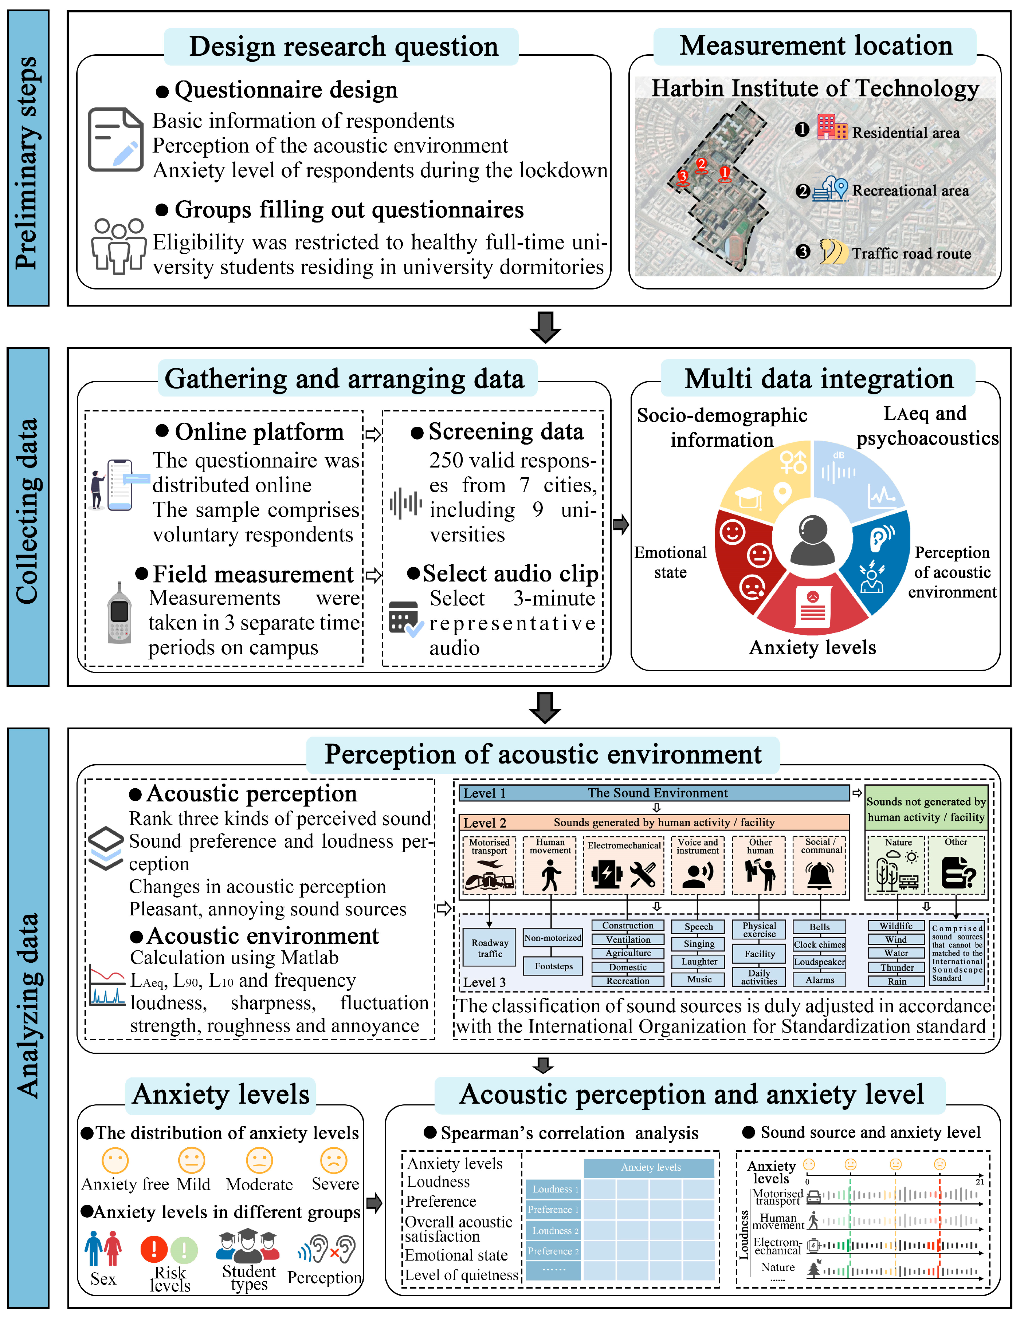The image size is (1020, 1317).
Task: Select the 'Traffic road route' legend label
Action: [x=911, y=253]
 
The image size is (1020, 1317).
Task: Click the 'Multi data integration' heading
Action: [x=819, y=379]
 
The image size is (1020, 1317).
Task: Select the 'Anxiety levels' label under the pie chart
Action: [x=812, y=647]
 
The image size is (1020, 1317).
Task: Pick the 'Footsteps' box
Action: [x=553, y=966]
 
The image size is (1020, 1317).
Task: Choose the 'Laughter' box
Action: [x=699, y=961]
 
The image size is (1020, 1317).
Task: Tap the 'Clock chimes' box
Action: [x=819, y=945]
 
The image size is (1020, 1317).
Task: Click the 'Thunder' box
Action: [x=897, y=967]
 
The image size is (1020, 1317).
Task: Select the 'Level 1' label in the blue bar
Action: [x=484, y=793]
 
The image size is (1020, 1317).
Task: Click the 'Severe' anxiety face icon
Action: [x=334, y=1160]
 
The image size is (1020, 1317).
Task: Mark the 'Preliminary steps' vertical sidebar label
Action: [x=28, y=163]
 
